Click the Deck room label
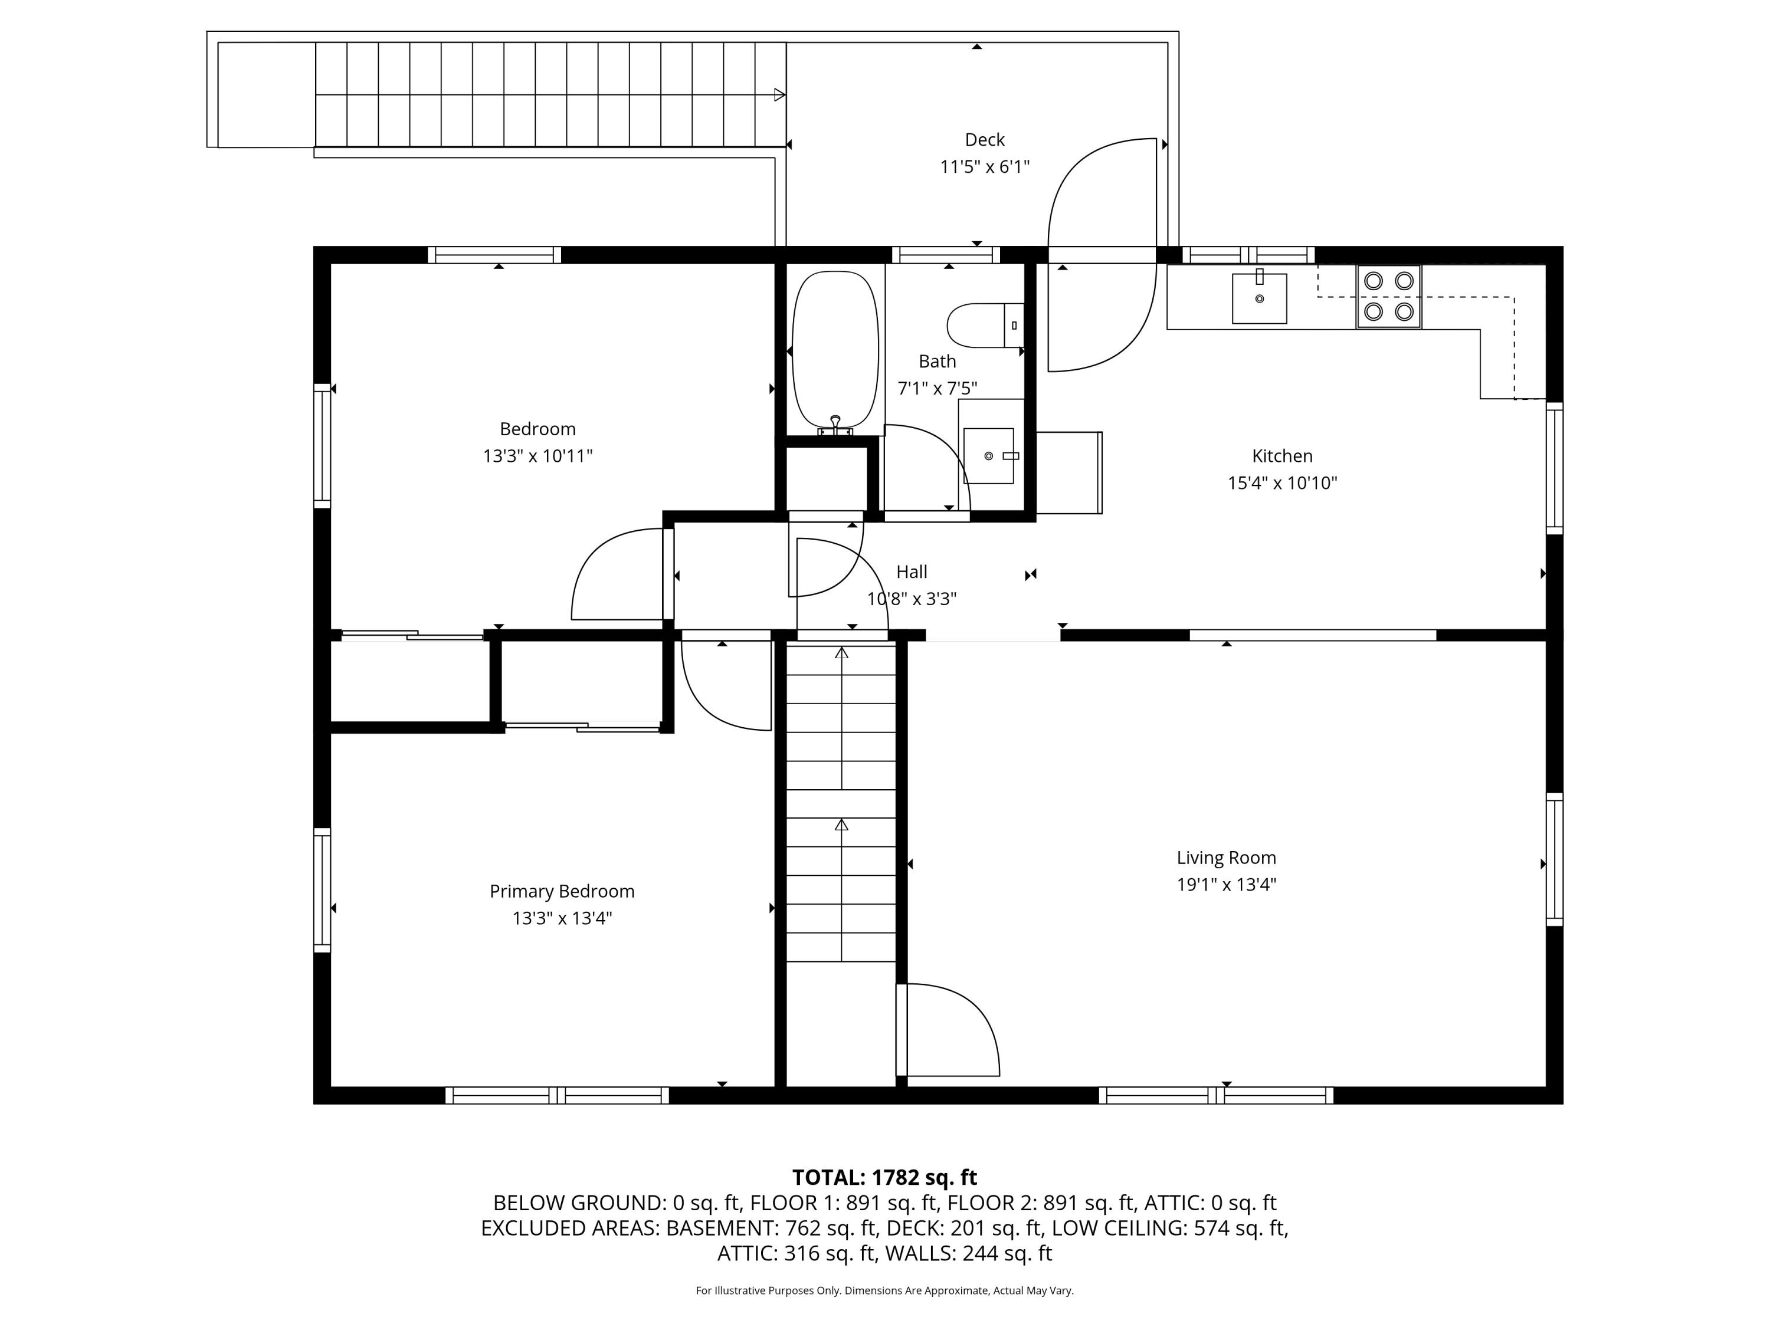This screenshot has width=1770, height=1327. click(x=984, y=140)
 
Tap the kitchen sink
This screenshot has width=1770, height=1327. click(x=1258, y=298)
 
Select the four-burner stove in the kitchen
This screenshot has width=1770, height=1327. click(x=1388, y=296)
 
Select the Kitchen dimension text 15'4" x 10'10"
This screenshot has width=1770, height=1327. click(x=1282, y=483)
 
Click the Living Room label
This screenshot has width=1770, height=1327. click(x=1226, y=858)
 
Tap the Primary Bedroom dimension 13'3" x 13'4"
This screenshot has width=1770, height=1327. click(x=562, y=918)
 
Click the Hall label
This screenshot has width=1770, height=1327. click(x=912, y=572)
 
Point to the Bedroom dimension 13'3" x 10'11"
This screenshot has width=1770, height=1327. click(x=537, y=456)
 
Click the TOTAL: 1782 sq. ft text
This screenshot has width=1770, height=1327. click(x=884, y=1177)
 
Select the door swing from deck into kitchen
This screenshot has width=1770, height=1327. click(x=1101, y=320)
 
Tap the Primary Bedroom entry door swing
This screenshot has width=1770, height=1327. click(x=724, y=688)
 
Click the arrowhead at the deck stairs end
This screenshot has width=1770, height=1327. click(x=779, y=95)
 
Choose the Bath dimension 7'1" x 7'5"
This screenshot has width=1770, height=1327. click(x=937, y=389)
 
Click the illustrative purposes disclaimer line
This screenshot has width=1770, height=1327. click(x=884, y=1290)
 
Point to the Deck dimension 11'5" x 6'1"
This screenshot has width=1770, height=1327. click(x=984, y=167)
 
